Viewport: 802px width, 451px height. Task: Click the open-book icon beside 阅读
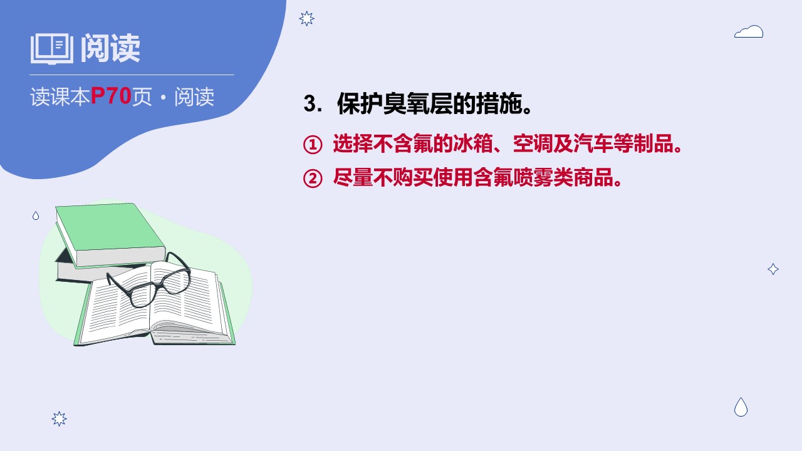tap(52, 49)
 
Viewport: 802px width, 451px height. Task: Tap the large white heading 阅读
tap(110, 48)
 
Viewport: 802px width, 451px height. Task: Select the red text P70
tap(111, 96)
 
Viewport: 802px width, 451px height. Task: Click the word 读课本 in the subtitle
tap(60, 96)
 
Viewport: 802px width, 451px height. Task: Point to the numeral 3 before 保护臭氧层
tap(310, 104)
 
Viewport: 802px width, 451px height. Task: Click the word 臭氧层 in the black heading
tap(417, 104)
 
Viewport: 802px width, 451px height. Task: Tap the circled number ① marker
tap(313, 145)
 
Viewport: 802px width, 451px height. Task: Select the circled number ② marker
tap(313, 179)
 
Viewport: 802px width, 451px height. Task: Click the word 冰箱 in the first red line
tap(473, 143)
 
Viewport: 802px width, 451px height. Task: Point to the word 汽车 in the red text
tap(593, 143)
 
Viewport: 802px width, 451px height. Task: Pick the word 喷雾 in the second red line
tap(533, 177)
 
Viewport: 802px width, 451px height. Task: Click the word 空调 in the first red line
tap(533, 143)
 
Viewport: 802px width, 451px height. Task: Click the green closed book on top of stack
tap(110, 234)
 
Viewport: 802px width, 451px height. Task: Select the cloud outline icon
tap(749, 31)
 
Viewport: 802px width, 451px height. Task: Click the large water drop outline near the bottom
tap(741, 407)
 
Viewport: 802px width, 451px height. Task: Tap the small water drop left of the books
tap(36, 215)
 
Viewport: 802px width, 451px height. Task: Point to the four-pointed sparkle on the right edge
tap(773, 269)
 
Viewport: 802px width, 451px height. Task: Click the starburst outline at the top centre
tap(306, 19)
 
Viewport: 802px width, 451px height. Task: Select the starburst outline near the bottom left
tap(59, 418)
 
